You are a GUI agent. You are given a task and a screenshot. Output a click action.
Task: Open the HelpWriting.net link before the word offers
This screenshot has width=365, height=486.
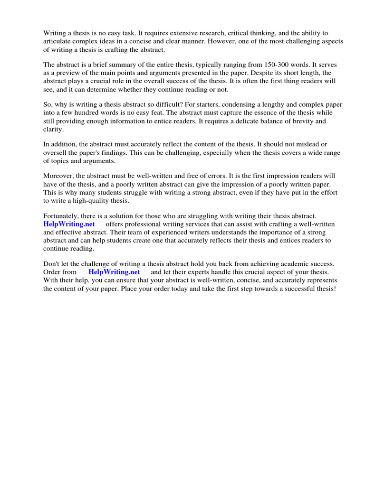(69, 224)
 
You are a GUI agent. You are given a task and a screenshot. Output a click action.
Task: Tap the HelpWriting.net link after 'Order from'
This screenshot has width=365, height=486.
(115, 272)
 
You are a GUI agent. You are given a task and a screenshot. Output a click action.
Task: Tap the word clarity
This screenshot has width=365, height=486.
(53, 129)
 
